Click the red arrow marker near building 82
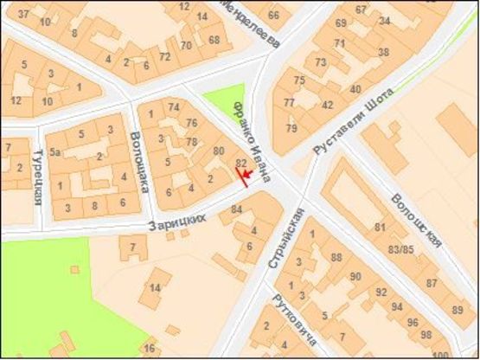pyautogui.click(x=246, y=176)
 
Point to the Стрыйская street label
pyautogui.click(x=287, y=237)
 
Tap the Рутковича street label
pyautogui.click(x=285, y=311)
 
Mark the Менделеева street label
pyautogui.click(x=250, y=21)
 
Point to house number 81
pyautogui.click(x=379, y=228)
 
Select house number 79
pyautogui.click(x=291, y=129)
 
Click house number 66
pyautogui.click(x=273, y=15)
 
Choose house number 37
pyautogui.click(x=22, y=15)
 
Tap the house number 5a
pyautogui.click(x=54, y=151)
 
